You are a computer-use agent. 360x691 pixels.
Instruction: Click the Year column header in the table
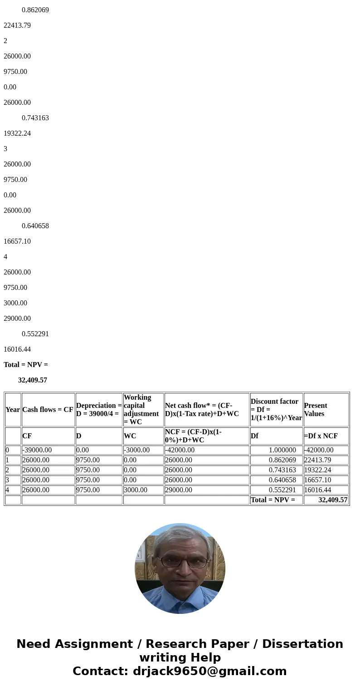(x=13, y=409)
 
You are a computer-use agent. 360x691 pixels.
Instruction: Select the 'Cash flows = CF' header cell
(x=48, y=409)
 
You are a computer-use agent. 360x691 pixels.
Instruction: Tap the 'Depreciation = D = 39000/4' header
(x=99, y=409)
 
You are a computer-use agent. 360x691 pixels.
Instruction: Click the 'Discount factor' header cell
(x=276, y=409)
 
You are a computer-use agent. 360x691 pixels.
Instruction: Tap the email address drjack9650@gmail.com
(x=209, y=671)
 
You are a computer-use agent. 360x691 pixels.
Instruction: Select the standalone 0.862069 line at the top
(x=35, y=10)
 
